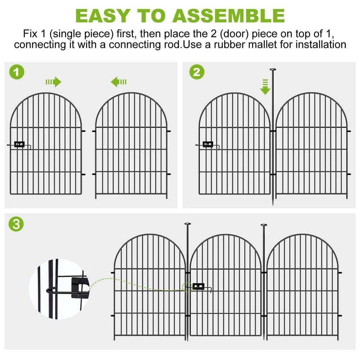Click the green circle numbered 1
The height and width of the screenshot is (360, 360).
17,72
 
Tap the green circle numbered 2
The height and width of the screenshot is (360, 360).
197,72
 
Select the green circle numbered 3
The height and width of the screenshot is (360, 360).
16,224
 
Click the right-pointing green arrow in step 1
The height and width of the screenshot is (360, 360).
53,82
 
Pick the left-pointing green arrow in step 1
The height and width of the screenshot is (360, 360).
118,82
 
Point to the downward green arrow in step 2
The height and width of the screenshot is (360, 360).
265,87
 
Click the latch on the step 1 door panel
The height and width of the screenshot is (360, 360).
19,145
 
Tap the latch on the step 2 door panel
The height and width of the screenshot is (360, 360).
208,145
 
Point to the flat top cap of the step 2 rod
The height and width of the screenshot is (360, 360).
273,69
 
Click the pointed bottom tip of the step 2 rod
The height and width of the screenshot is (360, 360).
273,204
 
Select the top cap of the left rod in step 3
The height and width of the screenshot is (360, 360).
188,224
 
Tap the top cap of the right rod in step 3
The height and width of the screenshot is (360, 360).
264,225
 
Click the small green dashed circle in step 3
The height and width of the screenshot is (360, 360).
187,287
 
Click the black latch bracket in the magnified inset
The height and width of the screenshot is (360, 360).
80,288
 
